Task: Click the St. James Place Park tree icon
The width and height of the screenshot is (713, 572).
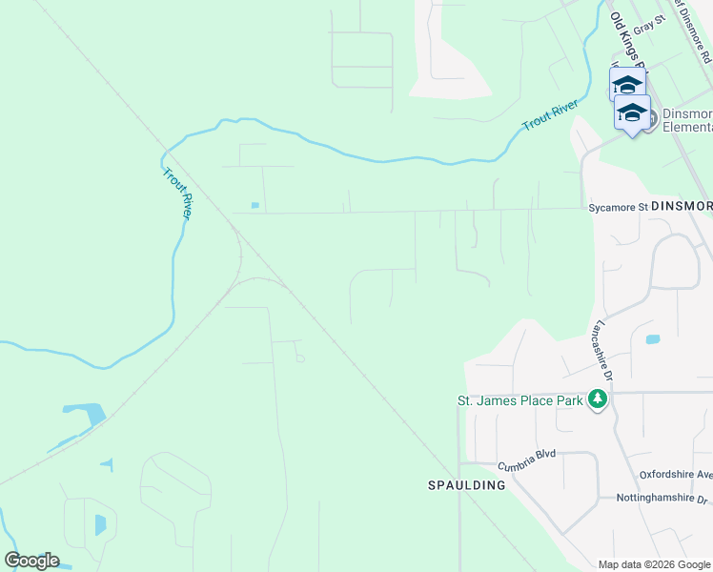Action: pyautogui.click(x=598, y=398)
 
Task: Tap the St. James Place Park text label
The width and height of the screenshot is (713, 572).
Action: pyautogui.click(x=519, y=401)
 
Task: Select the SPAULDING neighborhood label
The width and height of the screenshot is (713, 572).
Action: pyautogui.click(x=466, y=485)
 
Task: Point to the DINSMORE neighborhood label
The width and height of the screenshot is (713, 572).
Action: pyautogui.click(x=682, y=206)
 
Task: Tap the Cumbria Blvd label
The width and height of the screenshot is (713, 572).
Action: pyautogui.click(x=526, y=466)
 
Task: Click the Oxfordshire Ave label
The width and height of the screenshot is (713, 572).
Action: pyautogui.click(x=676, y=475)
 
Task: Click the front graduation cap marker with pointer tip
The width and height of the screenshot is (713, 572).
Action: pyautogui.click(x=632, y=113)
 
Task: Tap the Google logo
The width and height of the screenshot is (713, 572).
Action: pyautogui.click(x=32, y=560)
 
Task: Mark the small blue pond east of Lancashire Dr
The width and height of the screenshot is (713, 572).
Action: pyautogui.click(x=652, y=339)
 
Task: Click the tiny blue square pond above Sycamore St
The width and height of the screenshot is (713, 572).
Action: pyautogui.click(x=255, y=205)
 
